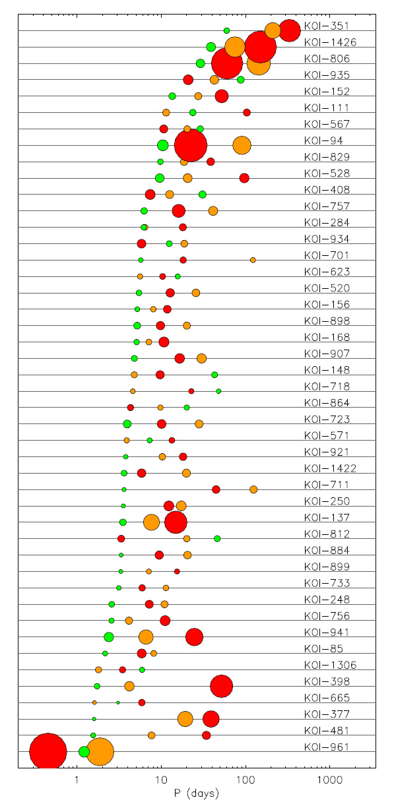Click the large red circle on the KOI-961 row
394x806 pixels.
[x=48, y=751]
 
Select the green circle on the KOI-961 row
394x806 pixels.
[x=84, y=751]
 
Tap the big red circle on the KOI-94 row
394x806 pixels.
[x=191, y=145]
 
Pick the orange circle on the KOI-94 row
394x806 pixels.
[x=242, y=145]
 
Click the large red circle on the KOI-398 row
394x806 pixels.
[x=222, y=686]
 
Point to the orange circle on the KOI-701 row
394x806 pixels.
[x=253, y=260]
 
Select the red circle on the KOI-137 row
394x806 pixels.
[x=176, y=522]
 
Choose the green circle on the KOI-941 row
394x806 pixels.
[x=109, y=637]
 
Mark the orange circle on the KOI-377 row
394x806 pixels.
[x=185, y=719]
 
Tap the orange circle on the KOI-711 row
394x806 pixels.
[x=253, y=489]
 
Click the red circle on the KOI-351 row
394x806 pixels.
[x=290, y=30]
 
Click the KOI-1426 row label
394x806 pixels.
[x=330, y=42]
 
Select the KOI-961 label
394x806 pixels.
[x=327, y=747]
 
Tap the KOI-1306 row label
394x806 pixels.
[x=330, y=665]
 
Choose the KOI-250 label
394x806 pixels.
[x=327, y=501]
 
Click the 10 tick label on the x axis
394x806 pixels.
[x=161, y=780]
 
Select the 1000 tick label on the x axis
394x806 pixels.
[x=329, y=780]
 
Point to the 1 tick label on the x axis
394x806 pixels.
[x=77, y=780]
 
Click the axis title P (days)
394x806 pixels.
[x=197, y=793]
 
